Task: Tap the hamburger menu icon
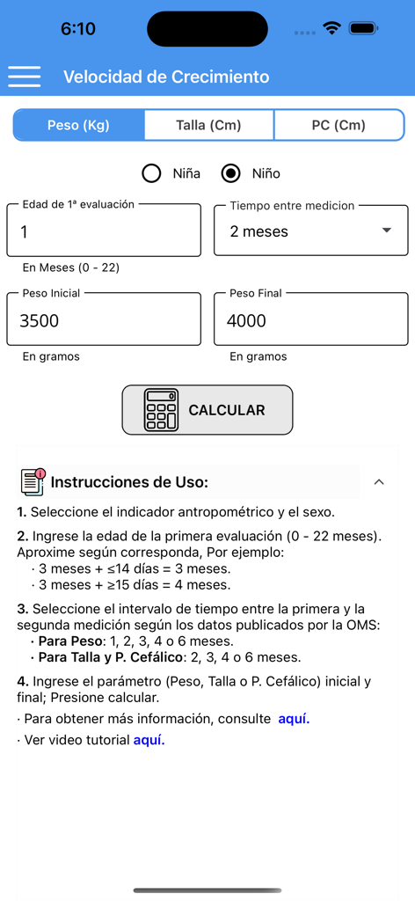pyautogui.click(x=25, y=77)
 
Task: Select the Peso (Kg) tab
pyautogui.click(x=78, y=125)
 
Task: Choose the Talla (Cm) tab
pyautogui.click(x=208, y=125)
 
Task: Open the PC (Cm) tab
pyautogui.click(x=339, y=125)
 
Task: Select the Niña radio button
pyautogui.click(x=151, y=173)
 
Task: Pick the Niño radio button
pyautogui.click(x=231, y=173)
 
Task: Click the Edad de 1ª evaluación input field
pyautogui.click(x=104, y=232)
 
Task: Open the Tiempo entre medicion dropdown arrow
pyautogui.click(x=386, y=231)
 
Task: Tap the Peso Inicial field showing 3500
pyautogui.click(x=104, y=320)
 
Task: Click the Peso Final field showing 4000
pyautogui.click(x=311, y=320)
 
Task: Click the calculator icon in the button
pyautogui.click(x=161, y=410)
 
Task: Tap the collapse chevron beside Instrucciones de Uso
pyautogui.click(x=379, y=481)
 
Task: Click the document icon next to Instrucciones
pyautogui.click(x=33, y=481)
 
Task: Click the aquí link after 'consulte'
pyautogui.click(x=294, y=719)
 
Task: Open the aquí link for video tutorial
pyautogui.click(x=149, y=740)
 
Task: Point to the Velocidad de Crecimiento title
pyautogui.click(x=166, y=77)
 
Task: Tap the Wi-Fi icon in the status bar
pyautogui.click(x=331, y=28)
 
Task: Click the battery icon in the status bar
pyautogui.click(x=362, y=28)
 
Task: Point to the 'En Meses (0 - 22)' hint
pyautogui.click(x=71, y=267)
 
